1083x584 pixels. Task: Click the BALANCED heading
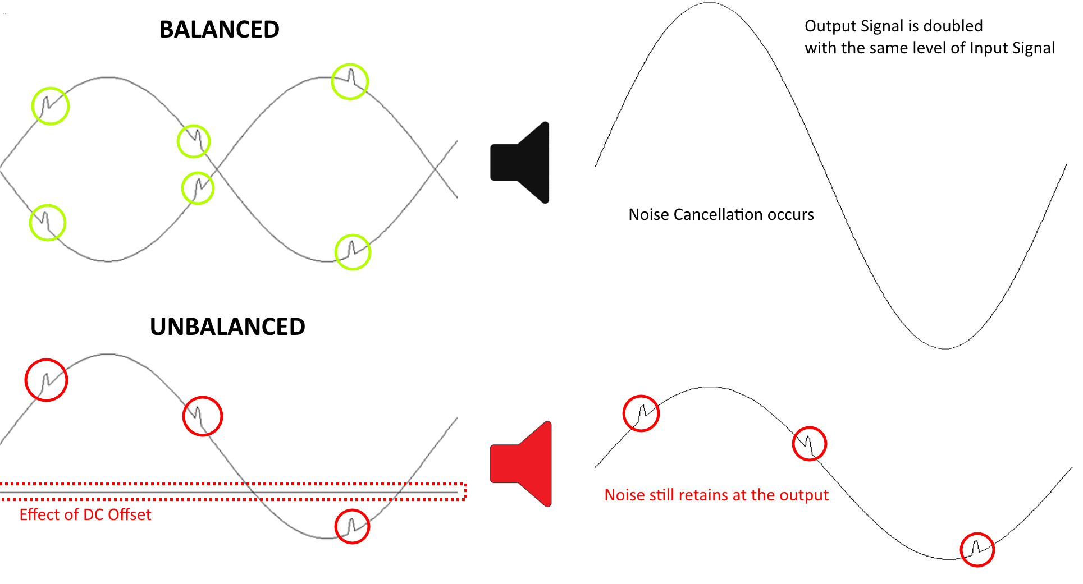[x=219, y=30]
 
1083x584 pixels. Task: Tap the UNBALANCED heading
[x=227, y=327]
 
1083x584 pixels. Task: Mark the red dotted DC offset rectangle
[x=233, y=491]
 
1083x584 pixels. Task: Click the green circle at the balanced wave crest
[x=350, y=82]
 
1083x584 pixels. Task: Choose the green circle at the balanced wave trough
[x=353, y=252]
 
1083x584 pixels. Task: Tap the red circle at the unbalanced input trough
[x=352, y=526]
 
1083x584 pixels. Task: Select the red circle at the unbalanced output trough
[x=977, y=549]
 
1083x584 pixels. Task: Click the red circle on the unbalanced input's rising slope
[x=47, y=380]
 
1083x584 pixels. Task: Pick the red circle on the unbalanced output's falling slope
[x=809, y=444]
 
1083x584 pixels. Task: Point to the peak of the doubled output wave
[x=710, y=3]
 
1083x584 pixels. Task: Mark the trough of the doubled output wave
[x=945, y=348]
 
